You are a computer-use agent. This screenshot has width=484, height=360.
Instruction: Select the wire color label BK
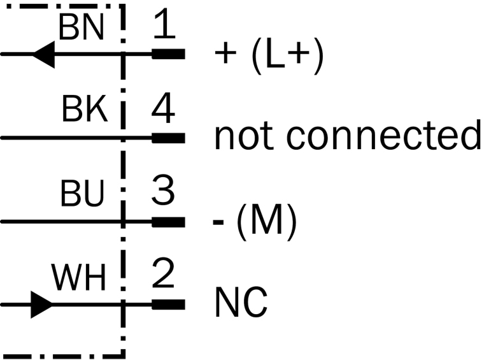click(84, 111)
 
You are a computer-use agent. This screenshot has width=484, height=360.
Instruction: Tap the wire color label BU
click(82, 196)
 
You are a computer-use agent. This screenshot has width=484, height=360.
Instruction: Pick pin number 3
click(164, 192)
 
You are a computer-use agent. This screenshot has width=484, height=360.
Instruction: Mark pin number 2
click(164, 276)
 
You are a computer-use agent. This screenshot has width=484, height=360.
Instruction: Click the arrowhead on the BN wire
click(44, 54)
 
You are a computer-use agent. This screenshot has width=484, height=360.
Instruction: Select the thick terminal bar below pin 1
click(168, 54)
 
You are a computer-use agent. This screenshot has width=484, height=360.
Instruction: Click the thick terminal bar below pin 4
click(168, 138)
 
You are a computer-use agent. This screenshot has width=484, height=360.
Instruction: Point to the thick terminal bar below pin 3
click(168, 222)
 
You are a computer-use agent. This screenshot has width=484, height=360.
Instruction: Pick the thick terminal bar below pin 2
click(168, 305)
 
